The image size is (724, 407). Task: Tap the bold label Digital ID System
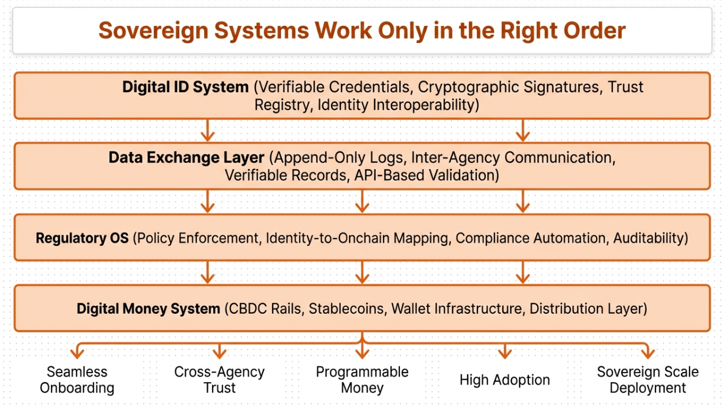(x=186, y=88)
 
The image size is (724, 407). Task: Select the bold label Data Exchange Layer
(x=186, y=158)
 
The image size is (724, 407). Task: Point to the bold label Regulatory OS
(x=82, y=238)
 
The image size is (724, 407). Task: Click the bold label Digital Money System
(x=148, y=309)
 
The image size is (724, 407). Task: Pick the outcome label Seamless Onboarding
(x=77, y=380)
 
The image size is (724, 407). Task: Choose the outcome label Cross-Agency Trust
(x=219, y=380)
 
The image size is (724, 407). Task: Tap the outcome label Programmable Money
(x=362, y=380)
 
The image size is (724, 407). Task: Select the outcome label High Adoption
(x=505, y=380)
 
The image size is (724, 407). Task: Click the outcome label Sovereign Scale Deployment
(x=648, y=380)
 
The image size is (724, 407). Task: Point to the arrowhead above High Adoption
(x=505, y=354)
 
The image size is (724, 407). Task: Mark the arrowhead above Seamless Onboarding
(x=77, y=354)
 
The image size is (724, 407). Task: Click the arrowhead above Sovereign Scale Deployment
(x=648, y=354)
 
